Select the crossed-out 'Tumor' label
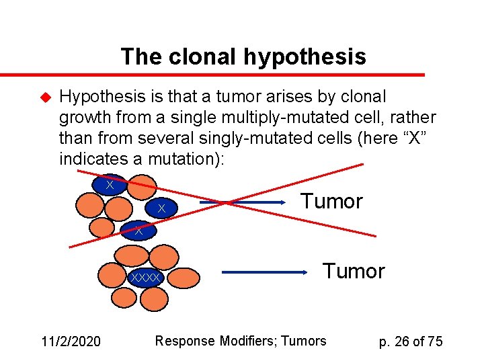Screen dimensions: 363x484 [x=331, y=201]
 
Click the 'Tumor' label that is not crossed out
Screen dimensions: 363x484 [x=354, y=271]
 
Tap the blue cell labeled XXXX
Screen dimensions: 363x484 [x=147, y=277]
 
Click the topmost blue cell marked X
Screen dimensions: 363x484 [x=110, y=184]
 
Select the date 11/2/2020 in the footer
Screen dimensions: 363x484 [x=71, y=341]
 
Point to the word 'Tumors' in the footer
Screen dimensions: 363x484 [x=303, y=341]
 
